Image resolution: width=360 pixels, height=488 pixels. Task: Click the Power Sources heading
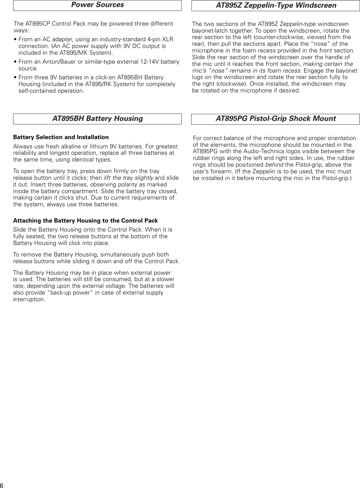pyautogui.click(x=97, y=5)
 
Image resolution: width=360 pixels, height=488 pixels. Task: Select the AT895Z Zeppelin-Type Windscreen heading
pyautogui.click(x=276, y=5)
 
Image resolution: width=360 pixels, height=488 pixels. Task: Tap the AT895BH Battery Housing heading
pyautogui.click(x=97, y=119)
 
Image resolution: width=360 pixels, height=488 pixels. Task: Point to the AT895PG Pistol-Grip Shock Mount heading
pyautogui.click(x=276, y=119)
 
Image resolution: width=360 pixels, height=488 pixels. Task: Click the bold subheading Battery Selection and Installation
pyautogui.click(x=61, y=137)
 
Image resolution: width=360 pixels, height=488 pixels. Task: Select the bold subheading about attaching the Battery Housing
pyautogui.click(x=85, y=221)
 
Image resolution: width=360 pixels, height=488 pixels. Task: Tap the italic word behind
pyautogui.click(x=274, y=165)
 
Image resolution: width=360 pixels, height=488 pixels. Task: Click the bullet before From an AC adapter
pyautogui.click(x=15, y=39)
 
